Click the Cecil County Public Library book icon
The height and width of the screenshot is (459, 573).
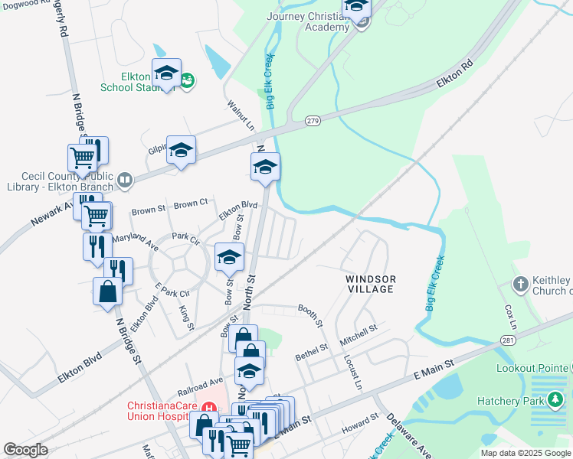click(x=124, y=181)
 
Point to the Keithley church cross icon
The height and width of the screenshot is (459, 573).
click(x=520, y=285)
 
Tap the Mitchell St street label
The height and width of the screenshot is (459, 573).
click(x=359, y=333)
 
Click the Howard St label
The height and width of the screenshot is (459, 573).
click(x=360, y=423)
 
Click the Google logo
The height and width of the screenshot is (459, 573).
click(x=25, y=450)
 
